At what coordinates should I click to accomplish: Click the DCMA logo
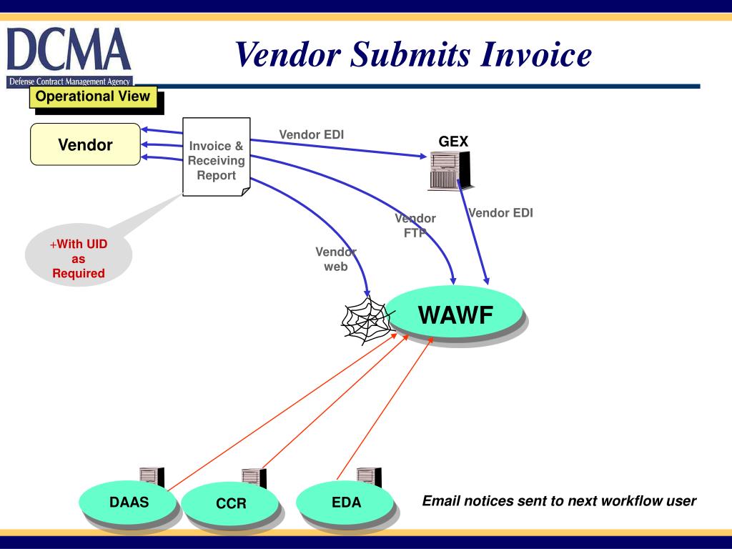click(x=69, y=57)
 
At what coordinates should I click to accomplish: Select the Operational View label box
click(x=93, y=97)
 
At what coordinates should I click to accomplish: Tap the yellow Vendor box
click(x=85, y=145)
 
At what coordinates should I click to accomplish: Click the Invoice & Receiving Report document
click(x=216, y=157)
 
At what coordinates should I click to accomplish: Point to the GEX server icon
click(x=450, y=170)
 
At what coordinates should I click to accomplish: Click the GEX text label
click(x=453, y=142)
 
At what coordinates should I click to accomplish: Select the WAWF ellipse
click(x=455, y=315)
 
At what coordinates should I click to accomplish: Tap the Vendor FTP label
click(x=415, y=225)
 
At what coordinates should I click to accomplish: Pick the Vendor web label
click(x=336, y=259)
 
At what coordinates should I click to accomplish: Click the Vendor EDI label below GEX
click(x=500, y=212)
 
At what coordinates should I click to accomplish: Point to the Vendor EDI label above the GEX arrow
click(x=312, y=134)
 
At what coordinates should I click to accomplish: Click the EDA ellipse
click(x=346, y=503)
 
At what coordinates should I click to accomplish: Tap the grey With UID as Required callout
click(x=79, y=259)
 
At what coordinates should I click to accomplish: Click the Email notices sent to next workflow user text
click(x=559, y=500)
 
